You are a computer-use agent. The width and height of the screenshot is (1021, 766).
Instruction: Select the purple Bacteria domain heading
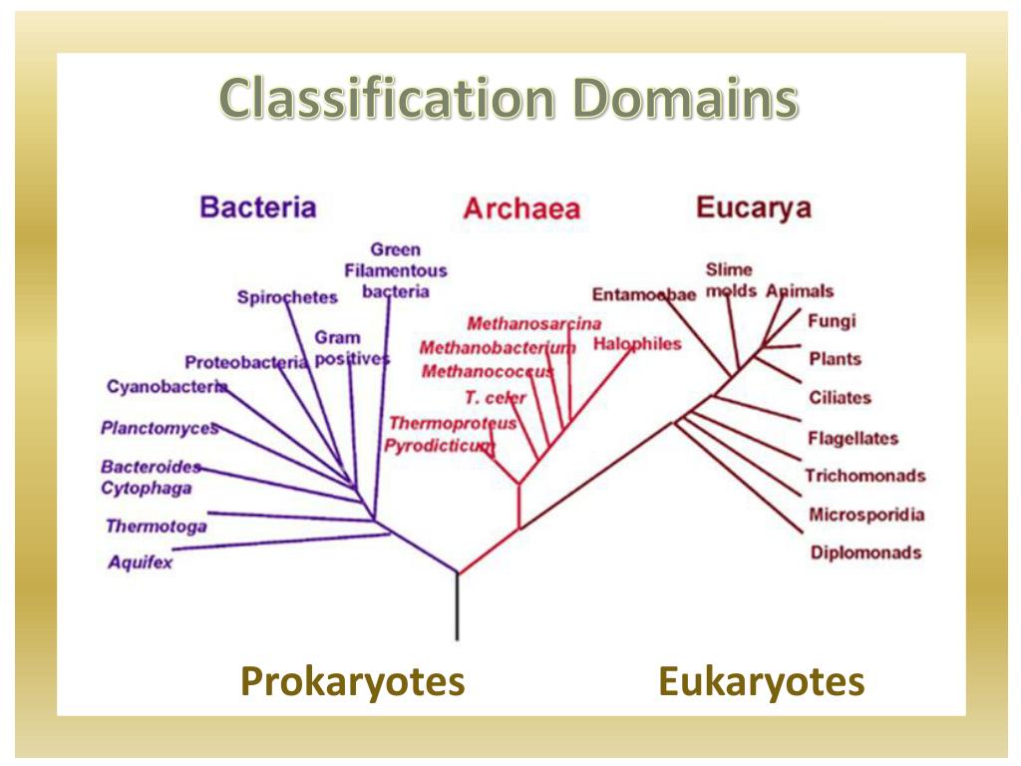[258, 207]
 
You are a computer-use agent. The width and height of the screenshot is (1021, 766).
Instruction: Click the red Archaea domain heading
[520, 209]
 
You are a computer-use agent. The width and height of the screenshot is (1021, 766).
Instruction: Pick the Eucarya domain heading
[753, 207]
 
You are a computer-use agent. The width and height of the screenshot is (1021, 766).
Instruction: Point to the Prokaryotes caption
[353, 682]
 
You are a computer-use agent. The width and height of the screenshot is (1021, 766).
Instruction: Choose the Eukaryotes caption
[761, 682]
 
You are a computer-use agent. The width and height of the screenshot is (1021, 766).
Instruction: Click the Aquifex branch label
[141, 563]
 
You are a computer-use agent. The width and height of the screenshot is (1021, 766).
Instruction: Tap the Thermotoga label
[156, 526]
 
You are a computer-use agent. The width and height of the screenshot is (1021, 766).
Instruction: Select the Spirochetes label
[287, 296]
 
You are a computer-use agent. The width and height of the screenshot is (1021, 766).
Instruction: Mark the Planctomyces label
[159, 428]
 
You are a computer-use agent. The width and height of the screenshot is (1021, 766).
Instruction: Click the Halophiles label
[637, 344]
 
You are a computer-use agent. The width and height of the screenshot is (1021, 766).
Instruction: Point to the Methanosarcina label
[534, 323]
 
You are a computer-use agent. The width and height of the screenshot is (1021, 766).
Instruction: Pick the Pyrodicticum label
[440, 445]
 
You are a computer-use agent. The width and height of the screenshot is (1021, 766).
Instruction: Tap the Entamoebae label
[643, 294]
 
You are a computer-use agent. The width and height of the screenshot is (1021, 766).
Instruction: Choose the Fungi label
[832, 321]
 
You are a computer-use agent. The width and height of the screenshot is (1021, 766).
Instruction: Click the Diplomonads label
[864, 553]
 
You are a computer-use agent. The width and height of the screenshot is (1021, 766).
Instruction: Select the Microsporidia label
[865, 515]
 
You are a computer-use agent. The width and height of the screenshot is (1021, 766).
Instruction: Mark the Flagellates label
[852, 438]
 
